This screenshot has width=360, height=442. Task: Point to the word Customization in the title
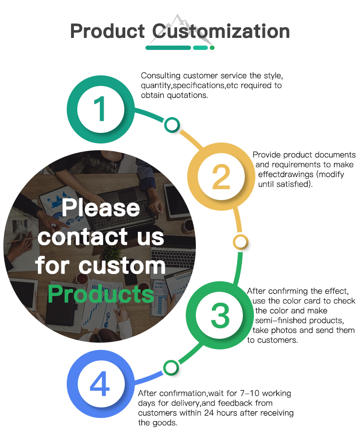pos(221,32)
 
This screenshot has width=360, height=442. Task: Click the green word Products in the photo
pos(101,293)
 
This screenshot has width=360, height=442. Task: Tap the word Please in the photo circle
pos(101,208)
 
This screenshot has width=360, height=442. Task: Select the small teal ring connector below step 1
pos(171,125)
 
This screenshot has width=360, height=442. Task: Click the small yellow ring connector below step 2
pos(240,241)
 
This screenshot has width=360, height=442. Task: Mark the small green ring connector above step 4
pos(170,368)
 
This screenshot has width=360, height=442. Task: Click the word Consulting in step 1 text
pos(158,76)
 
